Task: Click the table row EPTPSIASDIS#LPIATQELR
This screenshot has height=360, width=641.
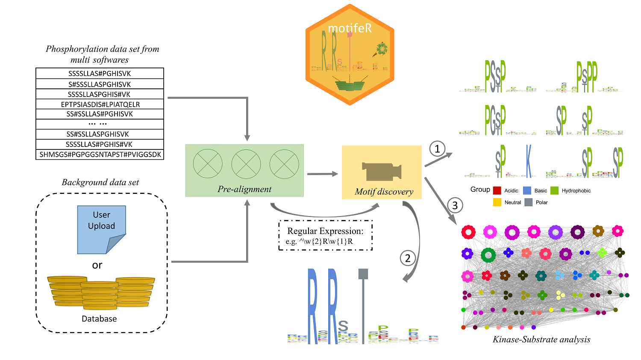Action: pyautogui.click(x=100, y=104)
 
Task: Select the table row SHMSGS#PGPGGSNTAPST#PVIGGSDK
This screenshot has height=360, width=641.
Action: pyautogui.click(x=100, y=155)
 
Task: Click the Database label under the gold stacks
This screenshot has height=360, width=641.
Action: pyautogui.click(x=99, y=319)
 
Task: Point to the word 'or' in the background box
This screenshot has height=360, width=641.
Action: pyautogui.click(x=97, y=265)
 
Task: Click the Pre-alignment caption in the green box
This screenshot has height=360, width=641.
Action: pyautogui.click(x=244, y=189)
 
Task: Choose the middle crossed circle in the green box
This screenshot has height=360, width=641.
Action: pyautogui.click(x=246, y=164)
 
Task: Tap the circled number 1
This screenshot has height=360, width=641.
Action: pyautogui.click(x=437, y=149)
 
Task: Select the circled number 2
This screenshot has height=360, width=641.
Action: pyautogui.click(x=408, y=258)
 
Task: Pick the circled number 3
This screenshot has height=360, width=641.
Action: pyautogui.click(x=455, y=205)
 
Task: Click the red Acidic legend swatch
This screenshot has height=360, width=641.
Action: pyautogui.click(x=497, y=190)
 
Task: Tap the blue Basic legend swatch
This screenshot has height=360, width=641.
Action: pyautogui.click(x=527, y=190)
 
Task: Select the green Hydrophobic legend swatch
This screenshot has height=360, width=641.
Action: pyautogui.click(x=555, y=190)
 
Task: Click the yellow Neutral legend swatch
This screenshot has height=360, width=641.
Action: pyautogui.click(x=497, y=202)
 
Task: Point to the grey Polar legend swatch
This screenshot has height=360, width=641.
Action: pyautogui.click(x=529, y=202)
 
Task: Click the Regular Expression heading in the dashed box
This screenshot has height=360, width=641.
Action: pyautogui.click(x=325, y=231)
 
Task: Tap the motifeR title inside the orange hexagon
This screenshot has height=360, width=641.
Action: pyautogui.click(x=350, y=28)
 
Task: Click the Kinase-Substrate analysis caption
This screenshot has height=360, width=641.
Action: pyautogui.click(x=541, y=340)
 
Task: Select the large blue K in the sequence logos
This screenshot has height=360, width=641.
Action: pyautogui.click(x=529, y=161)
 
